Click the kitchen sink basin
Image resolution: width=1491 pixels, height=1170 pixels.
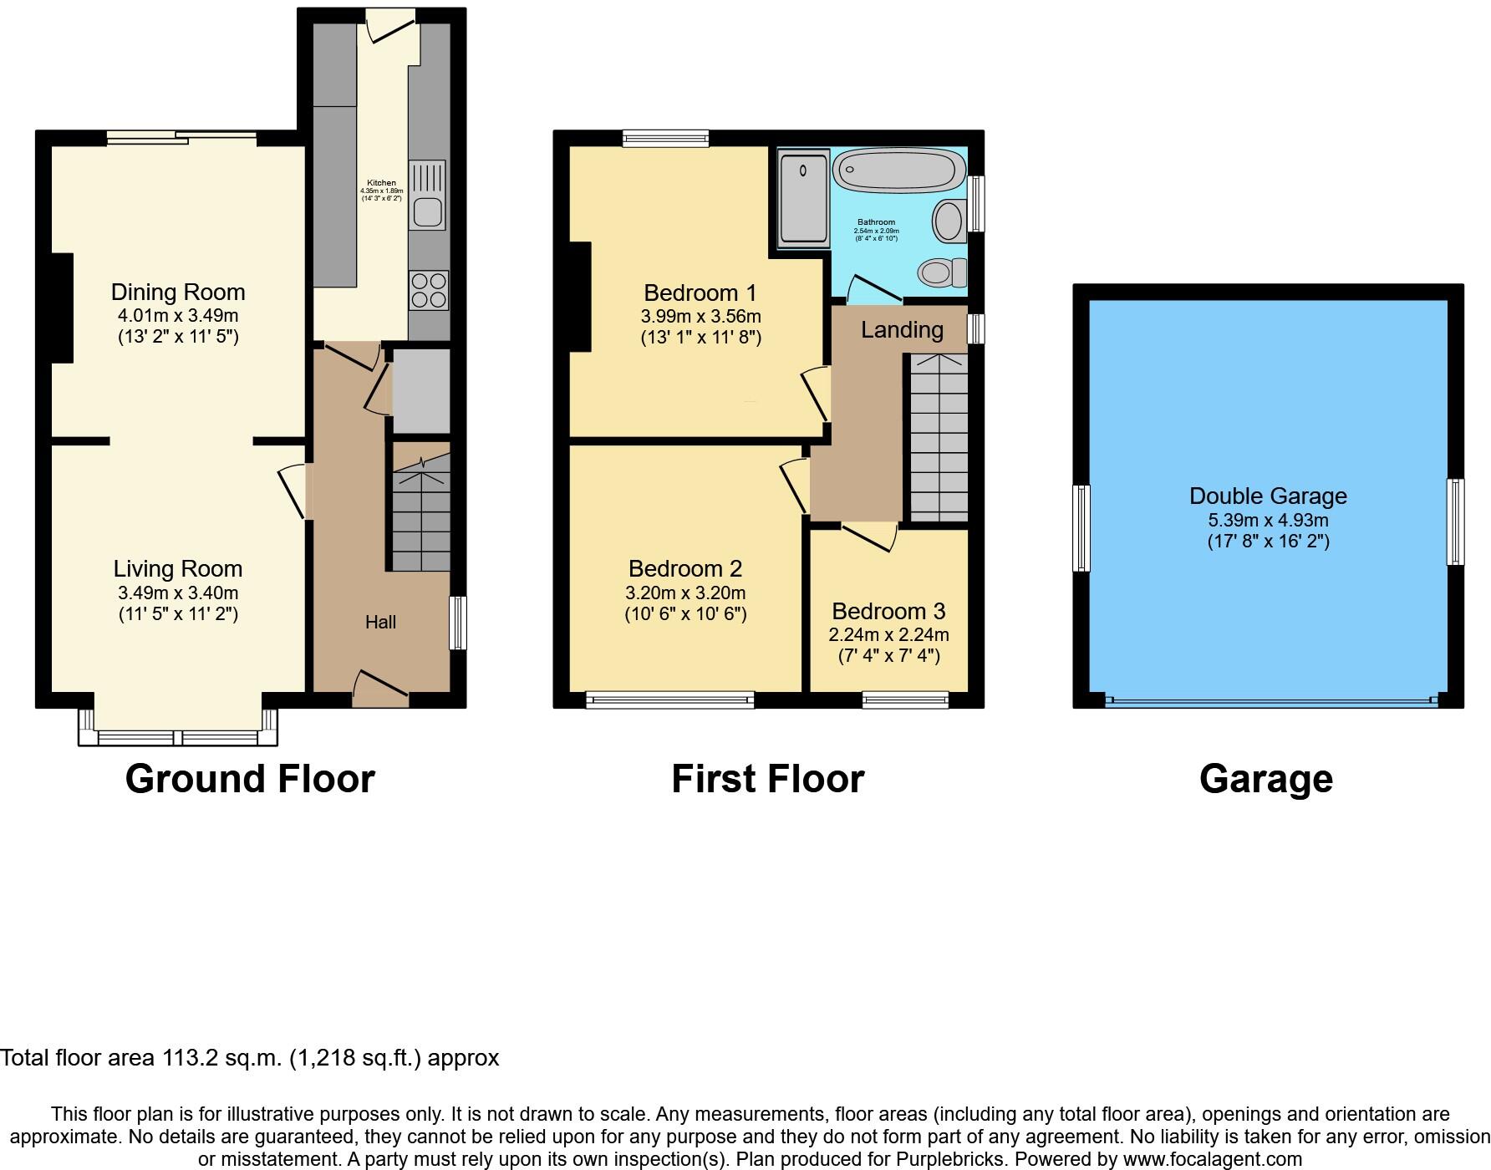pyautogui.click(x=427, y=212)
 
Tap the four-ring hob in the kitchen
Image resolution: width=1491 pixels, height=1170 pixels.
pyautogui.click(x=428, y=290)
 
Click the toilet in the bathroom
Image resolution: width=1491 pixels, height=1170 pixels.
pyautogui.click(x=941, y=272)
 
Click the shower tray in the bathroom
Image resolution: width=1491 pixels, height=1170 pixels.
pyautogui.click(x=803, y=199)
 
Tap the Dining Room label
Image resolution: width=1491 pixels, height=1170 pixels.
pyautogui.click(x=178, y=292)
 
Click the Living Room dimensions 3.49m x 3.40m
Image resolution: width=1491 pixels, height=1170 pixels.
pyautogui.click(x=178, y=593)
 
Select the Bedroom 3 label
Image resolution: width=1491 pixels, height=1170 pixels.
pyautogui.click(x=888, y=611)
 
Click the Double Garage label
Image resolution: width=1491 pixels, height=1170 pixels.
pyautogui.click(x=1268, y=496)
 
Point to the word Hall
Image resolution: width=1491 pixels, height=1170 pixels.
pyautogui.click(x=380, y=622)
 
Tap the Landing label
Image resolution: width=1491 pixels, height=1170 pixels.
pyautogui.click(x=902, y=330)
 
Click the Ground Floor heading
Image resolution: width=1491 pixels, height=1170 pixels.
pyautogui.click(x=250, y=779)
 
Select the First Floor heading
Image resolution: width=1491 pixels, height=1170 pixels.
pyautogui.click(x=767, y=779)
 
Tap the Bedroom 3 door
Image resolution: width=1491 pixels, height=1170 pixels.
pyautogui.click(x=869, y=537)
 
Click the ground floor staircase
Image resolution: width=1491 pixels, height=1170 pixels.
pyautogui.click(x=421, y=514)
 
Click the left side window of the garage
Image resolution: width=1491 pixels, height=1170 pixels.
pyautogui.click(x=1081, y=527)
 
